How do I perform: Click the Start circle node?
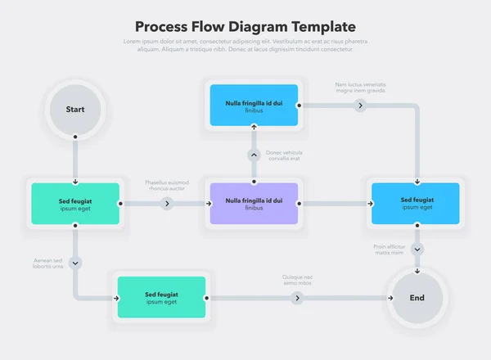(75, 109)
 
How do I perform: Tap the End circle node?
(417, 298)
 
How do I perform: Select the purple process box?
(254, 204)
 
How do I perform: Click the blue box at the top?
(254, 105)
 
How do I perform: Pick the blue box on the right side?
(416, 204)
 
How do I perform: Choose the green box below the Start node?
(75, 204)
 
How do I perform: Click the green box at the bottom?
(161, 298)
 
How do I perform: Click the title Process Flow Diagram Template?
(245, 26)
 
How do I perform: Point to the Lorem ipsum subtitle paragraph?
(245, 45)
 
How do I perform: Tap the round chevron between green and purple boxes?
(167, 204)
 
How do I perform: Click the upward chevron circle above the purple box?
(254, 155)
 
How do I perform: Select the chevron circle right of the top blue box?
(360, 106)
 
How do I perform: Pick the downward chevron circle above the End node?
(417, 249)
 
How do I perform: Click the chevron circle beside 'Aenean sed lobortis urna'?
(75, 263)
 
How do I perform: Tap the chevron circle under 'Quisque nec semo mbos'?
(298, 298)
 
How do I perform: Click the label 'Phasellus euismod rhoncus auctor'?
(167, 185)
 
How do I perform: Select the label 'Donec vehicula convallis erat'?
(284, 155)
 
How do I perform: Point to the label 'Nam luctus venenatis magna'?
(360, 88)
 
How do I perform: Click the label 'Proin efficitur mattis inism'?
(390, 249)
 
